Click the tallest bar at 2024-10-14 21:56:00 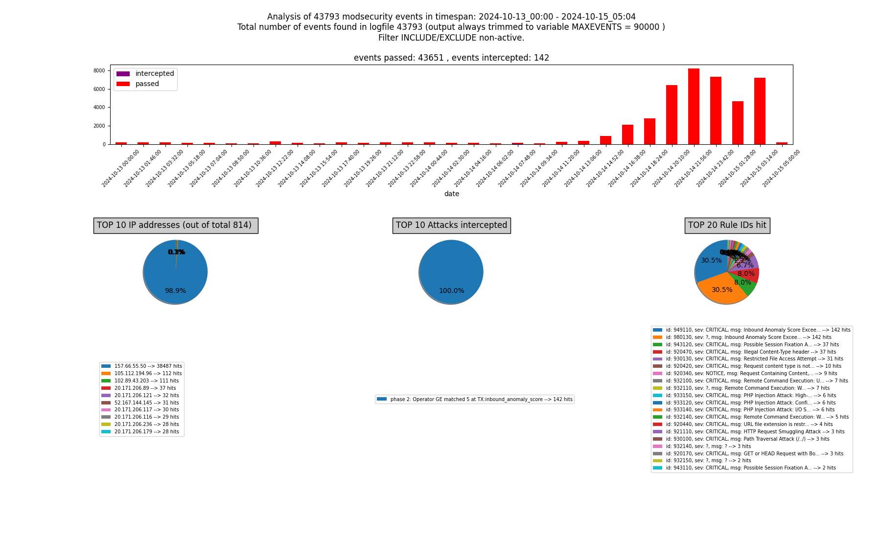click(x=694, y=107)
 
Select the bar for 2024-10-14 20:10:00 click(x=672, y=115)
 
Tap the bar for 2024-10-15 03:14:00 click(x=760, y=111)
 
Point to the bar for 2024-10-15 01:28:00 click(x=738, y=123)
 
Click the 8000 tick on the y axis click(x=99, y=71)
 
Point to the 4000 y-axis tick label click(x=99, y=108)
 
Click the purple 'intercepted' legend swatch click(x=123, y=74)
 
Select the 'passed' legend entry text click(x=147, y=84)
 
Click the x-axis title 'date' click(x=451, y=194)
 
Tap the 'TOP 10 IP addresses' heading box click(x=176, y=225)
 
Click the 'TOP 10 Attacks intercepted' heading click(x=451, y=225)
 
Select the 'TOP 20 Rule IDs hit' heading click(x=727, y=225)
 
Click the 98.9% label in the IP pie click(x=175, y=291)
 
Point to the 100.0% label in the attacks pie click(x=451, y=291)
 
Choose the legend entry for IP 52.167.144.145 click(x=146, y=403)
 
